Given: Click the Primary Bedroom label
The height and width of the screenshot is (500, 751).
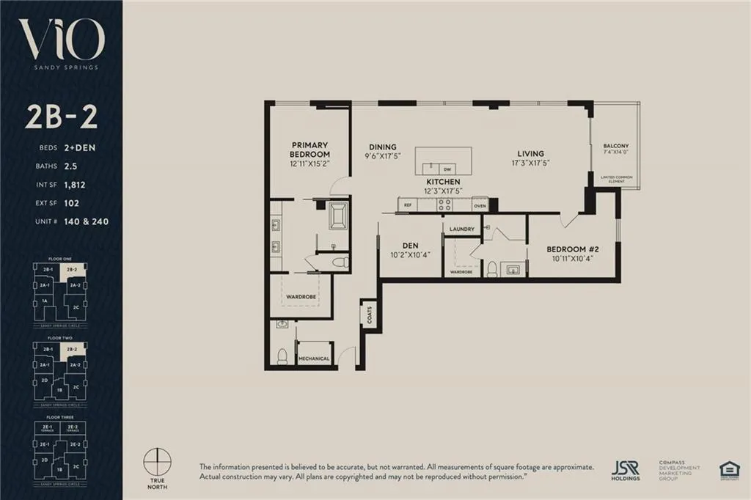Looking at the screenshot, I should pyautogui.click(x=309, y=150).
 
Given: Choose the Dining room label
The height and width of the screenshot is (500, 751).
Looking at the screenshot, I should pyautogui.click(x=382, y=147).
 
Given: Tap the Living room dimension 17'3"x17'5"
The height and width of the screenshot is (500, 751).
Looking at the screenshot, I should pyautogui.click(x=530, y=163).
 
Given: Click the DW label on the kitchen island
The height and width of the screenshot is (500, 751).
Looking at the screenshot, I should pyautogui.click(x=443, y=169).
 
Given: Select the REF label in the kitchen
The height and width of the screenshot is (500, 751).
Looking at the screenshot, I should pyautogui.click(x=407, y=206).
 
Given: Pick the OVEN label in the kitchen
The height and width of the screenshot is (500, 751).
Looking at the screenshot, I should pyautogui.click(x=480, y=206).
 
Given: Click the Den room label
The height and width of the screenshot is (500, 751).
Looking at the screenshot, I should pyautogui.click(x=410, y=246).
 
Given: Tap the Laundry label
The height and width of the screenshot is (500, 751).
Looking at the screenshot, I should pyautogui.click(x=463, y=229).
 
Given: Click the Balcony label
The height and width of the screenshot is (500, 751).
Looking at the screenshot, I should pyautogui.click(x=615, y=145).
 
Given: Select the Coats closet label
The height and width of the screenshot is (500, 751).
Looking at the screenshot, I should pyautogui.click(x=370, y=315).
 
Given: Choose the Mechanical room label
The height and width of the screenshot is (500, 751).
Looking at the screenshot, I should pyautogui.click(x=314, y=358).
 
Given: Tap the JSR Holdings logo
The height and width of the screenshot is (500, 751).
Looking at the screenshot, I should pyautogui.click(x=625, y=469).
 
